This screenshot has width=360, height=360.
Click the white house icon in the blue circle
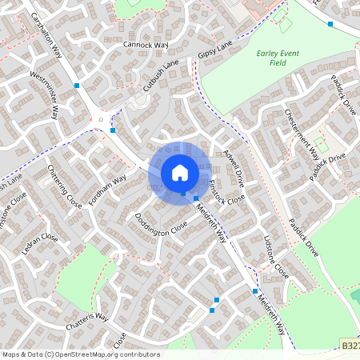[x=180, y=171]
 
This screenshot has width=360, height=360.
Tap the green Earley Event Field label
[x=278, y=58]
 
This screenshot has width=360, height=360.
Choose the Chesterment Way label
[x=302, y=132]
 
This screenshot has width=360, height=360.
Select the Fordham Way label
[x=108, y=191]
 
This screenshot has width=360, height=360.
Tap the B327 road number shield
[x=350, y=345]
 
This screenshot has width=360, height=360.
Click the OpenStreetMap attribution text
[x=82, y=354]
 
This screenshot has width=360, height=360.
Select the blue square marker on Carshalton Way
[x=77, y=85]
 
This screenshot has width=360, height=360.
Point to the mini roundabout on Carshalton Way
[x=102, y=122]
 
